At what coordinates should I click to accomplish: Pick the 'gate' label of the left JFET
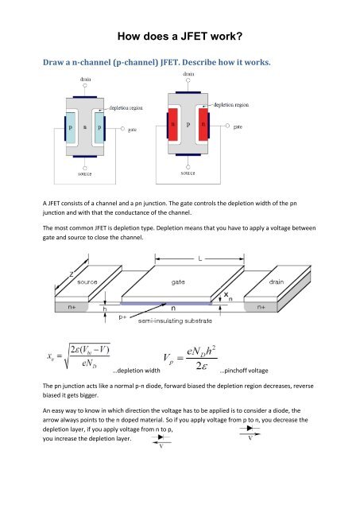coord(135,136)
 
